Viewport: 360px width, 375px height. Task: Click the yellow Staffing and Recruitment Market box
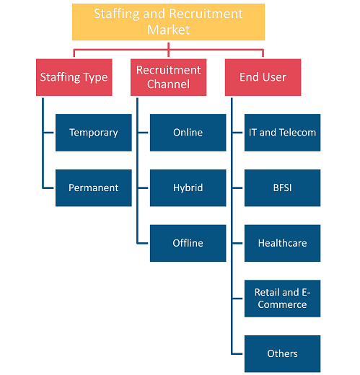click(168, 22)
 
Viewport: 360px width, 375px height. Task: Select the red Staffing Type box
click(74, 77)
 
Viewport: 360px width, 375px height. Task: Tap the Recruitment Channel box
click(168, 77)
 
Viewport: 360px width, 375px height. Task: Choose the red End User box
click(263, 77)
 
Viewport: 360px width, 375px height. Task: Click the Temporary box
click(94, 133)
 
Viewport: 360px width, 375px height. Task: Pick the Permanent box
click(94, 187)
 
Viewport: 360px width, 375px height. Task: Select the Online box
click(188, 133)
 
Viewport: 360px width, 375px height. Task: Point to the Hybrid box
click(188, 187)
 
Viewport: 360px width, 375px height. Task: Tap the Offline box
click(188, 243)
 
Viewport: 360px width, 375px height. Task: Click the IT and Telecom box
click(282, 133)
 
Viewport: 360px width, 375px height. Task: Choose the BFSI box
click(282, 187)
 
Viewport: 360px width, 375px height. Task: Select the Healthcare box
click(282, 243)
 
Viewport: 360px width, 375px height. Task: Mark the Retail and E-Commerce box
click(282, 299)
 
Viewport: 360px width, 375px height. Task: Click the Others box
click(282, 353)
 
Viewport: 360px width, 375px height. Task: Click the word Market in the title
click(168, 30)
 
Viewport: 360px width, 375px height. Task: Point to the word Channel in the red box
click(168, 84)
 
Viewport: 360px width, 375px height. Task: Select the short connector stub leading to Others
click(237, 354)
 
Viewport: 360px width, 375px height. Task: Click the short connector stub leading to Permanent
click(48, 188)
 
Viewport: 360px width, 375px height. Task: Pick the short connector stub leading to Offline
click(142, 243)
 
